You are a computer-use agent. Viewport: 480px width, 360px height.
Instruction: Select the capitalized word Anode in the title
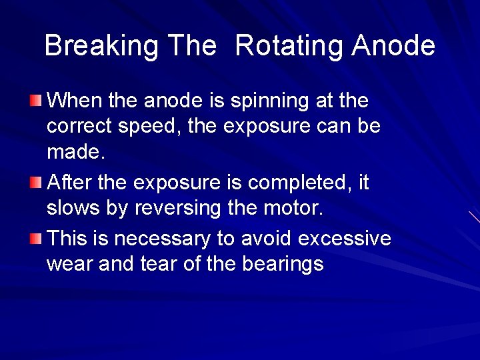(393, 46)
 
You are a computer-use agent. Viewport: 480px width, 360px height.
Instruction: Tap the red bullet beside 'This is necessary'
(35, 237)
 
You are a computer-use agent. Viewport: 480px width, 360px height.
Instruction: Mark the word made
(75, 153)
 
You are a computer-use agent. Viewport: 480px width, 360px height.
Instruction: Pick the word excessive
(345, 237)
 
